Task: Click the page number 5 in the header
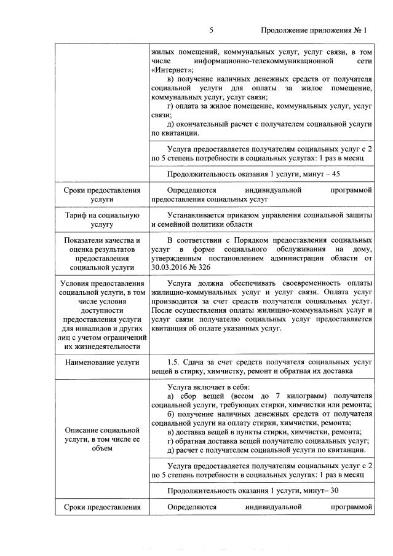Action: (x=211, y=29)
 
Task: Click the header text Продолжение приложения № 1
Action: (x=314, y=29)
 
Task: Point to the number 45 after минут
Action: (x=335, y=174)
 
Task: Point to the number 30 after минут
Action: (x=334, y=490)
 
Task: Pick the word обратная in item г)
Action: (x=194, y=441)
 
